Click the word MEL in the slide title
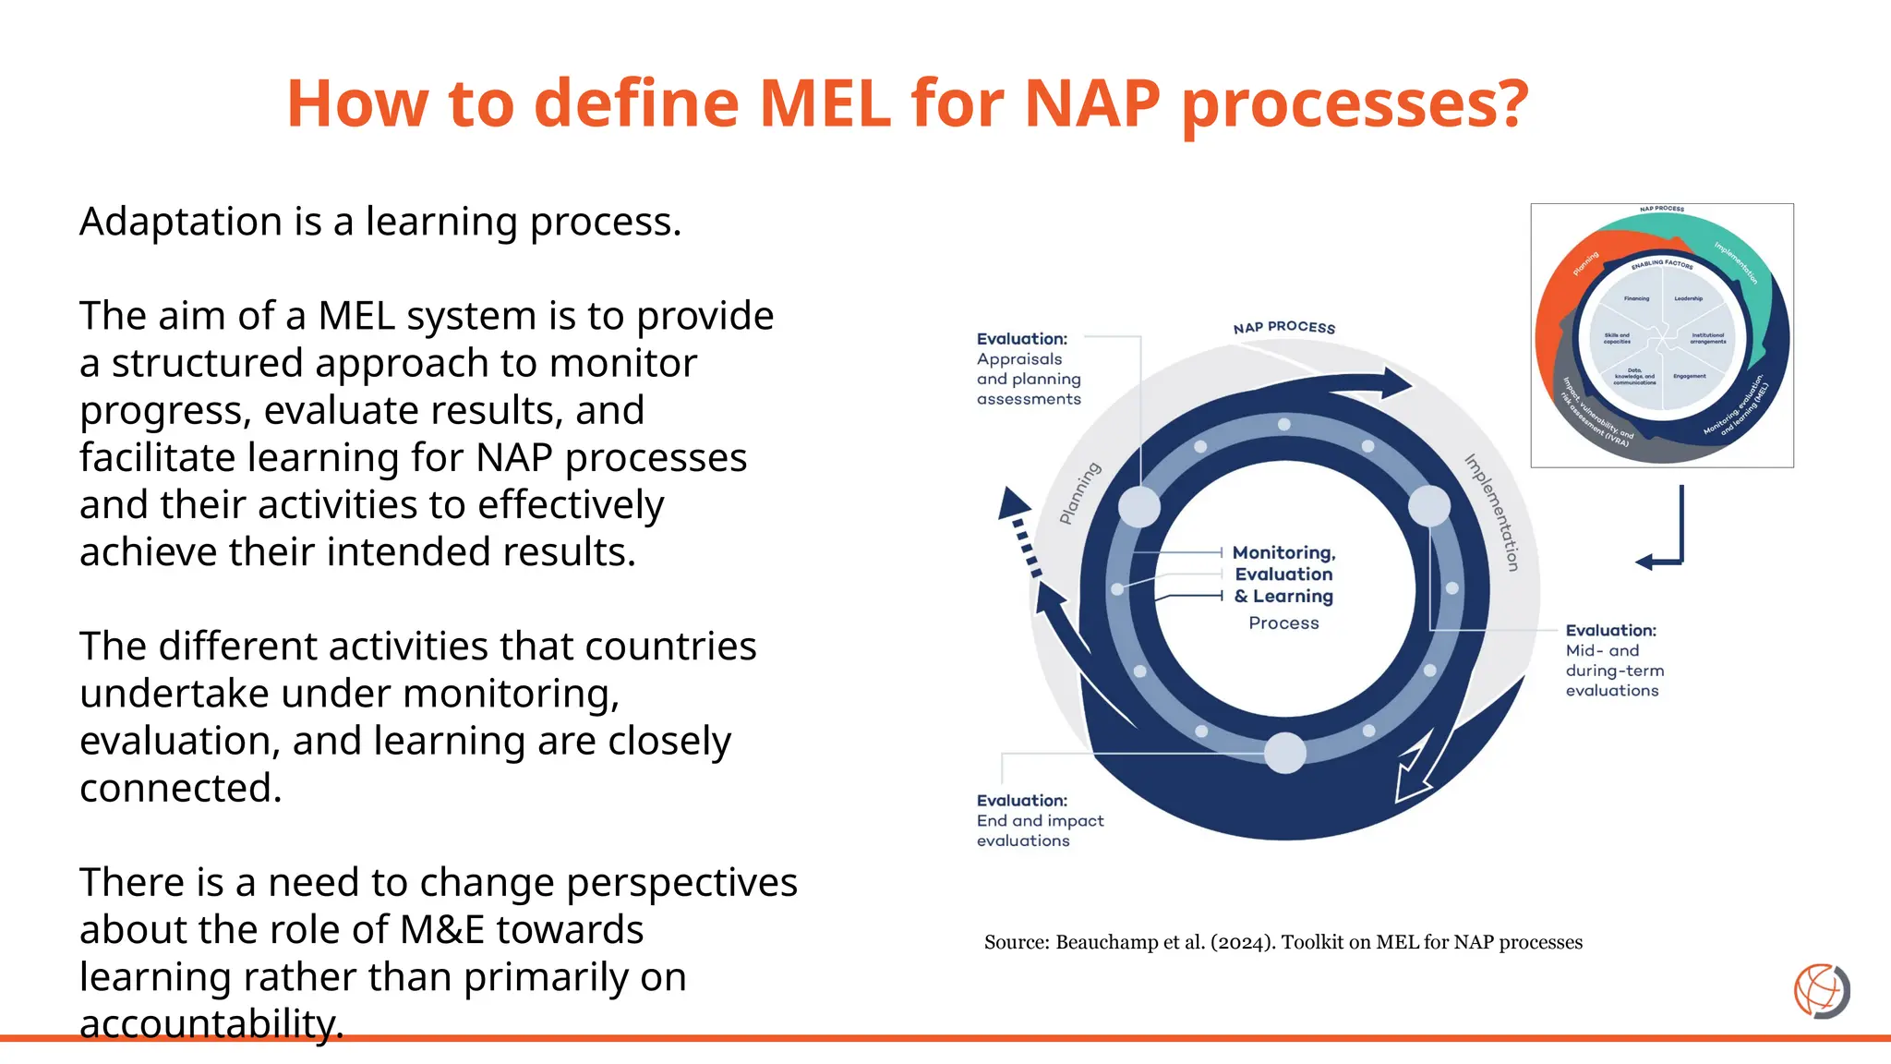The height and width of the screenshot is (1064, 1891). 825,103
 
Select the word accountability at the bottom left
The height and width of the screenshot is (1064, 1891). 211,1023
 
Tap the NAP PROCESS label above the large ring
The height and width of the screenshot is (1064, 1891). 1283,328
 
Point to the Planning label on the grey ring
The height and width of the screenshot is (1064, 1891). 1079,493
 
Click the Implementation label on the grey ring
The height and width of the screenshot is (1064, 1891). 1492,512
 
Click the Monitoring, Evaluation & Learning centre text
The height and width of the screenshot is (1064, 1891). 1283,574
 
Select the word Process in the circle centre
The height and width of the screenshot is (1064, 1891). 1283,623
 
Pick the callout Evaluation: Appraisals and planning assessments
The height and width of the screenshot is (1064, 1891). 1028,369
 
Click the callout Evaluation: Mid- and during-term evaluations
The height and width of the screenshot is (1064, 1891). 1613,659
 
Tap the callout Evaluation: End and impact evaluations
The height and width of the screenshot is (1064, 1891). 1039,820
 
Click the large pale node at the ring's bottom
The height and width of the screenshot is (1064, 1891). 1284,752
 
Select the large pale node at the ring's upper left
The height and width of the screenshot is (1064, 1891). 1139,507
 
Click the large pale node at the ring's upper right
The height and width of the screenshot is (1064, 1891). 1428,506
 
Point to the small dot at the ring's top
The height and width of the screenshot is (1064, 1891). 1283,425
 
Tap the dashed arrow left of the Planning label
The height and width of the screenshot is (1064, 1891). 1021,531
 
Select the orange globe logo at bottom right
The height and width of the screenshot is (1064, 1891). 1821,990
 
